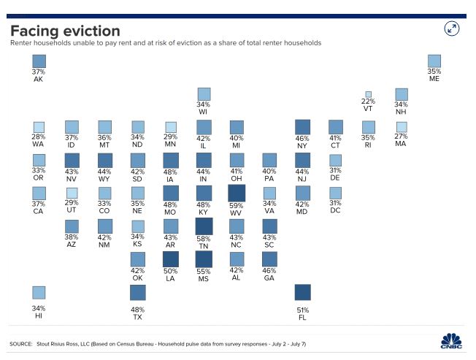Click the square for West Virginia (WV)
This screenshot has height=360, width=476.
click(x=237, y=192)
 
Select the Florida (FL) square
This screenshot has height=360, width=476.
click(x=302, y=292)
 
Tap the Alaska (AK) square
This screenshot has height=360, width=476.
click(x=39, y=61)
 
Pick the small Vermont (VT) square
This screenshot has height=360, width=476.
click(x=369, y=95)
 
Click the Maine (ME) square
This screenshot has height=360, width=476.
click(x=434, y=61)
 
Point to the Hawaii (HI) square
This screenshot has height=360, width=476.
click(x=39, y=292)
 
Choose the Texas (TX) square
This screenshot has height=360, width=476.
click(x=138, y=292)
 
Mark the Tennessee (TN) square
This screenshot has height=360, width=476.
click(x=204, y=226)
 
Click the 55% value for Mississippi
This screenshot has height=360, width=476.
click(x=204, y=272)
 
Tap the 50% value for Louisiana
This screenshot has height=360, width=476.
click(x=171, y=272)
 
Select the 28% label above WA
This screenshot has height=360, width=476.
click(x=39, y=138)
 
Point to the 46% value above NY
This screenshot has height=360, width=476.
click(x=302, y=138)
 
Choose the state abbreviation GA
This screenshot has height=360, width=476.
click(x=269, y=278)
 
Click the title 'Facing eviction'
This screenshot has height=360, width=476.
click(x=65, y=30)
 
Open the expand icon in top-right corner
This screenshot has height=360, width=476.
click(x=452, y=28)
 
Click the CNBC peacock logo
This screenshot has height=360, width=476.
click(x=452, y=341)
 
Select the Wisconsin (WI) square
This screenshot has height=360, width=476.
click(x=204, y=94)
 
